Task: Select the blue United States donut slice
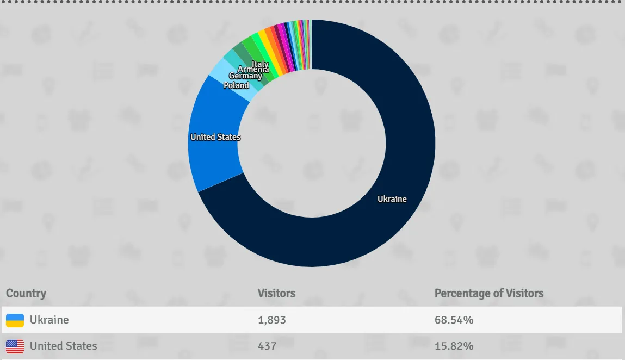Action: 212,158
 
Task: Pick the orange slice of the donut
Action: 269,34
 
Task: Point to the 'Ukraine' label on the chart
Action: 392,199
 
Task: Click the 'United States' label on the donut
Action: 215,137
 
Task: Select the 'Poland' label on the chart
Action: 236,85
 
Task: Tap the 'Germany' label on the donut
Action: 245,76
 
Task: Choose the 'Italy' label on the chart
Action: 261,65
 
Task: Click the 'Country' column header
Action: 26,294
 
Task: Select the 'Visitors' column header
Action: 276,294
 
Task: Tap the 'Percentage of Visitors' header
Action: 489,294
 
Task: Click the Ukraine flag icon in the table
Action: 15,320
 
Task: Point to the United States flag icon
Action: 15,346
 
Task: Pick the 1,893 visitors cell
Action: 272,320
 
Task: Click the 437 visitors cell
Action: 267,346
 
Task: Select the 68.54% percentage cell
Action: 454,320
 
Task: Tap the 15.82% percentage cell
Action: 454,346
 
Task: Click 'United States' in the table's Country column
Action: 63,346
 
